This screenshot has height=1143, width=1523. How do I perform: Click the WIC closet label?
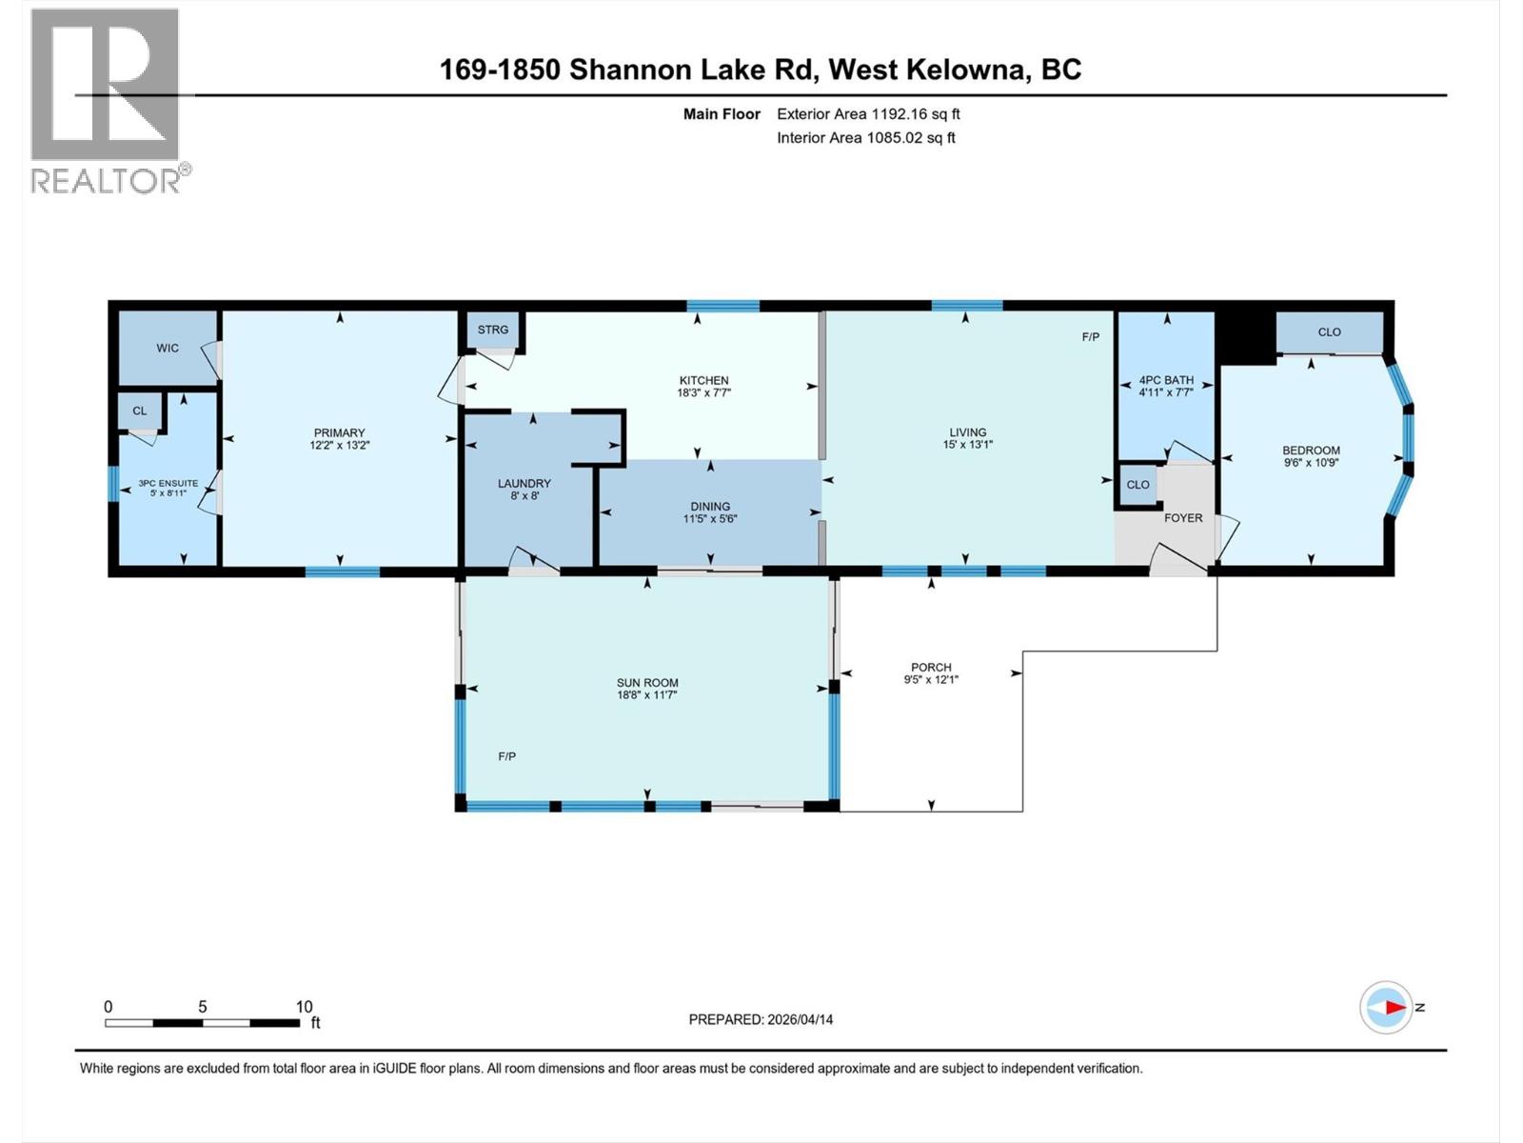(x=168, y=348)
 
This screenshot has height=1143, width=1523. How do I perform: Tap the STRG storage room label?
(x=493, y=330)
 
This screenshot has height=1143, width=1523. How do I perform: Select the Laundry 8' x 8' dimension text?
(x=524, y=496)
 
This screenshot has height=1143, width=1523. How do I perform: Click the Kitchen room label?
(x=703, y=380)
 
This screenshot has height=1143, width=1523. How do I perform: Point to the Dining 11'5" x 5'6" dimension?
(x=710, y=519)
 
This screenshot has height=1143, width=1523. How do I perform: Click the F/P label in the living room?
(x=1090, y=337)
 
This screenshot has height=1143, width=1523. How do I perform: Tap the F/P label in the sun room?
(x=507, y=756)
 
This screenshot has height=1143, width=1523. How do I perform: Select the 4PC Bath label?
(x=1165, y=379)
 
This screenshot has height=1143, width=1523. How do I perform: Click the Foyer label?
(x=1183, y=518)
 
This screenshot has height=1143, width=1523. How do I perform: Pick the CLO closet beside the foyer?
(x=1137, y=485)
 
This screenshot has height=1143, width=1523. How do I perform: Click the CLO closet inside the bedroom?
(x=1329, y=332)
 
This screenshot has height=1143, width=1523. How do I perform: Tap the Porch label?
(x=931, y=667)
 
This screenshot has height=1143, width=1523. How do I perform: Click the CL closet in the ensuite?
(x=140, y=411)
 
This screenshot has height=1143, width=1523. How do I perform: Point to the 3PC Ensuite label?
(x=168, y=483)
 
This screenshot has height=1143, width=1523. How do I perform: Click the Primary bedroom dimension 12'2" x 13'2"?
(x=339, y=445)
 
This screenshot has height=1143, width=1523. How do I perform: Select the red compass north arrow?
(x=1394, y=1007)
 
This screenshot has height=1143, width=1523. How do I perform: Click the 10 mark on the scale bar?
(x=304, y=1007)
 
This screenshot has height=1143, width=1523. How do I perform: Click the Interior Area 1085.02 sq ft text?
(x=865, y=137)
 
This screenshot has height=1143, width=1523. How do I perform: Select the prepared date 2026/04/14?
(x=799, y=1019)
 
